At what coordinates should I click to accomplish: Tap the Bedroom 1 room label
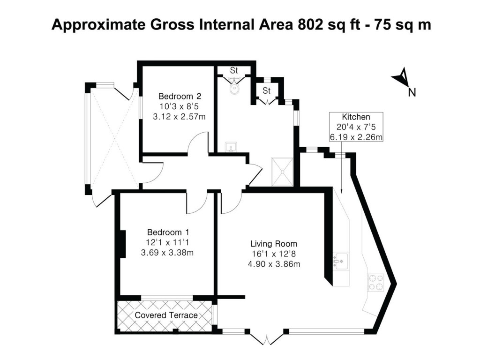[168, 232]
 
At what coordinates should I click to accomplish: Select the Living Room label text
[274, 244]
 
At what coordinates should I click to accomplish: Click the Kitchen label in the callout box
[356, 117]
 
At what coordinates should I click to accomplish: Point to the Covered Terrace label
[166, 315]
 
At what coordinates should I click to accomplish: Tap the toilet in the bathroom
[234, 88]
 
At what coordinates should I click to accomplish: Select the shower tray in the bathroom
[283, 172]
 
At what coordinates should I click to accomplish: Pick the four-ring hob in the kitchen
[375, 281]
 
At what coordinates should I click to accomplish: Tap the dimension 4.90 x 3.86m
[274, 264]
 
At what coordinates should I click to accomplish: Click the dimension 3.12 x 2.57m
[179, 117]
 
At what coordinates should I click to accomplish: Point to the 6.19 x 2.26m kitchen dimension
[356, 137]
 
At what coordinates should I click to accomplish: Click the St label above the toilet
[234, 70]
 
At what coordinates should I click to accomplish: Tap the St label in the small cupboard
[267, 90]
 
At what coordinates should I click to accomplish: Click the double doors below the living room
[266, 338]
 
